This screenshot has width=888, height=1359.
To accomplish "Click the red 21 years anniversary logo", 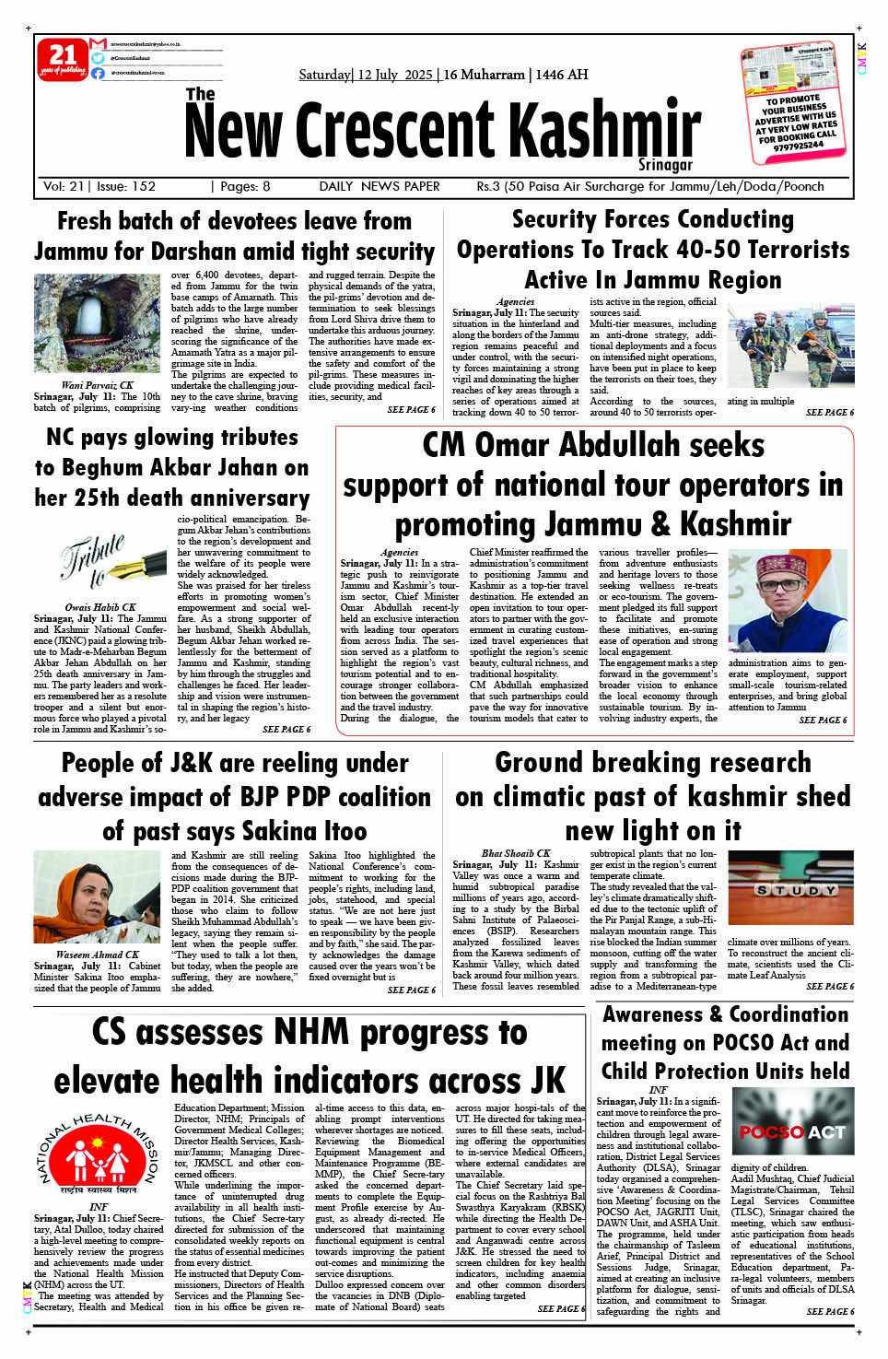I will pyautogui.click(x=62, y=59).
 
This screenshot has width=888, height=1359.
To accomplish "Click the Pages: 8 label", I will pyautogui.click(x=241, y=186).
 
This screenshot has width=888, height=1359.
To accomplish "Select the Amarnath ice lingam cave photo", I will pyautogui.click(x=97, y=323).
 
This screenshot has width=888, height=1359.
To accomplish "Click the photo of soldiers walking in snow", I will pyautogui.click(x=790, y=344).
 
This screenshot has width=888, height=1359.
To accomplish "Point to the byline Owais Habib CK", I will pyautogui.click(x=100, y=607).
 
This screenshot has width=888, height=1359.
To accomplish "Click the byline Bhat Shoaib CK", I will pyautogui.click(x=515, y=853).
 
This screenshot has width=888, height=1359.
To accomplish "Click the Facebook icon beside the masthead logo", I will pyautogui.click(x=98, y=73).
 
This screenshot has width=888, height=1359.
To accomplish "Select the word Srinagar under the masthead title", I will pyautogui.click(x=665, y=165).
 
